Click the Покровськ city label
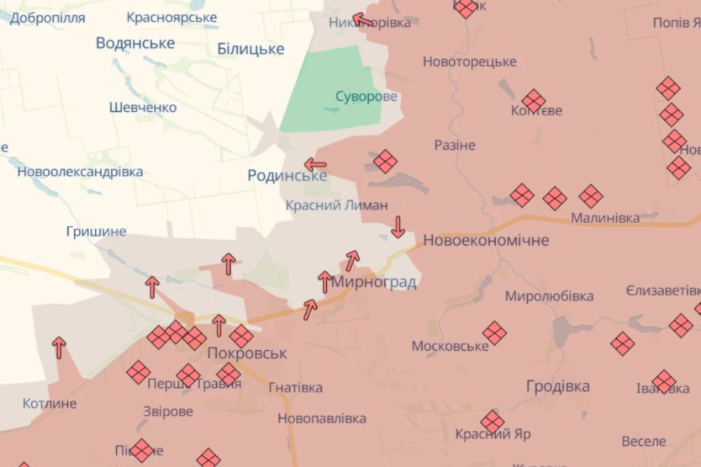(247, 354)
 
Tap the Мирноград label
(374, 282)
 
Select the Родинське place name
(287, 175)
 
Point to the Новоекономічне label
(486, 240)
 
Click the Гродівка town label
(558, 387)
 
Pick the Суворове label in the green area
(367, 96)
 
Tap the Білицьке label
(250, 49)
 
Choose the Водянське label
(135, 43)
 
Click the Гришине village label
(96, 232)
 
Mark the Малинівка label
(605, 218)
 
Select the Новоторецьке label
(470, 62)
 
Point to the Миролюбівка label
(549, 296)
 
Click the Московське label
(450, 346)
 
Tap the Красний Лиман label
(337, 205)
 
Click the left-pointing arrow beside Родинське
(315, 164)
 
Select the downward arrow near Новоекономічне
(398, 227)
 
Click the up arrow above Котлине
(59, 347)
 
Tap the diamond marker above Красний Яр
(492, 422)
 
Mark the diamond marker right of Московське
(494, 333)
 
